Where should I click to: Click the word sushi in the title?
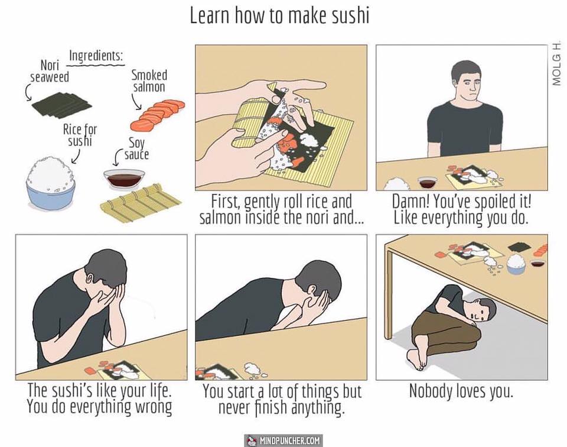pos(350,17)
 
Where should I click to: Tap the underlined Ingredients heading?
pos(96,57)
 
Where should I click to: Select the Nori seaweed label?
pos(50,71)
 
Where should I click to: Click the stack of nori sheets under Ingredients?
pos(61,105)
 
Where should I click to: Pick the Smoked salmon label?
pos(149,81)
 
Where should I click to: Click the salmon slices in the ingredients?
pos(157,115)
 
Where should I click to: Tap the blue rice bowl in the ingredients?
pos(51,183)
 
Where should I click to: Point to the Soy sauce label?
pos(136,149)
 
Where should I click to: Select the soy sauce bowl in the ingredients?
pos(124,179)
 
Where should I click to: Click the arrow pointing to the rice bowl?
pos(76,156)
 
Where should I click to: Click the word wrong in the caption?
pos(154,407)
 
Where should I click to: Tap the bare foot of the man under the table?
pos(417,359)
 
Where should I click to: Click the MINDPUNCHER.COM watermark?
pos(283,440)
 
